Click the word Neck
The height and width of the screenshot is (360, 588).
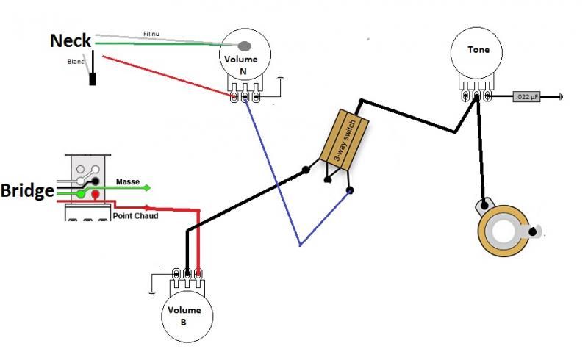(70, 41)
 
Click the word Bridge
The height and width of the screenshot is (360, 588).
(27, 191)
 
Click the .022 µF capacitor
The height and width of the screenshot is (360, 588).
(526, 96)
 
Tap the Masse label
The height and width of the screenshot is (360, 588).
(127, 181)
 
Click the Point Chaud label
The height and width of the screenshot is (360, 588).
(135, 216)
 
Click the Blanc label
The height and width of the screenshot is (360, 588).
(76, 62)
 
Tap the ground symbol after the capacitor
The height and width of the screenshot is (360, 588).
(562, 96)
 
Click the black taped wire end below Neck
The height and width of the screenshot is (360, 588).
(93, 79)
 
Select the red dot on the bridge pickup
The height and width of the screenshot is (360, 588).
(96, 193)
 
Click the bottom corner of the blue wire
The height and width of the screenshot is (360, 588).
(300, 245)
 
